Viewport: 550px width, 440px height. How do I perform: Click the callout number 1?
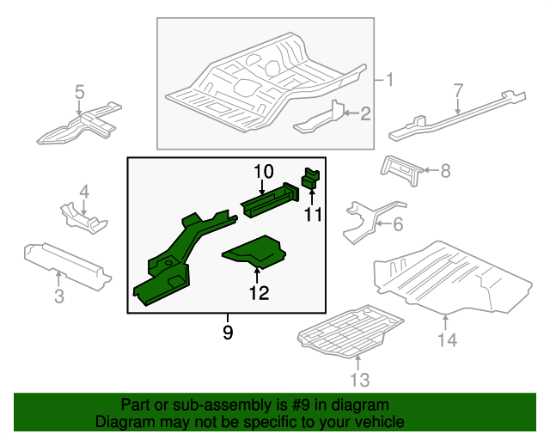(x=388, y=81)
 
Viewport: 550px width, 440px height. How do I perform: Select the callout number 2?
(x=365, y=113)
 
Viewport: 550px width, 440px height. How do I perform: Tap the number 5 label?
(x=79, y=92)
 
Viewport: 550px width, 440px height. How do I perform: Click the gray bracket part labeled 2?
(x=320, y=119)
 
